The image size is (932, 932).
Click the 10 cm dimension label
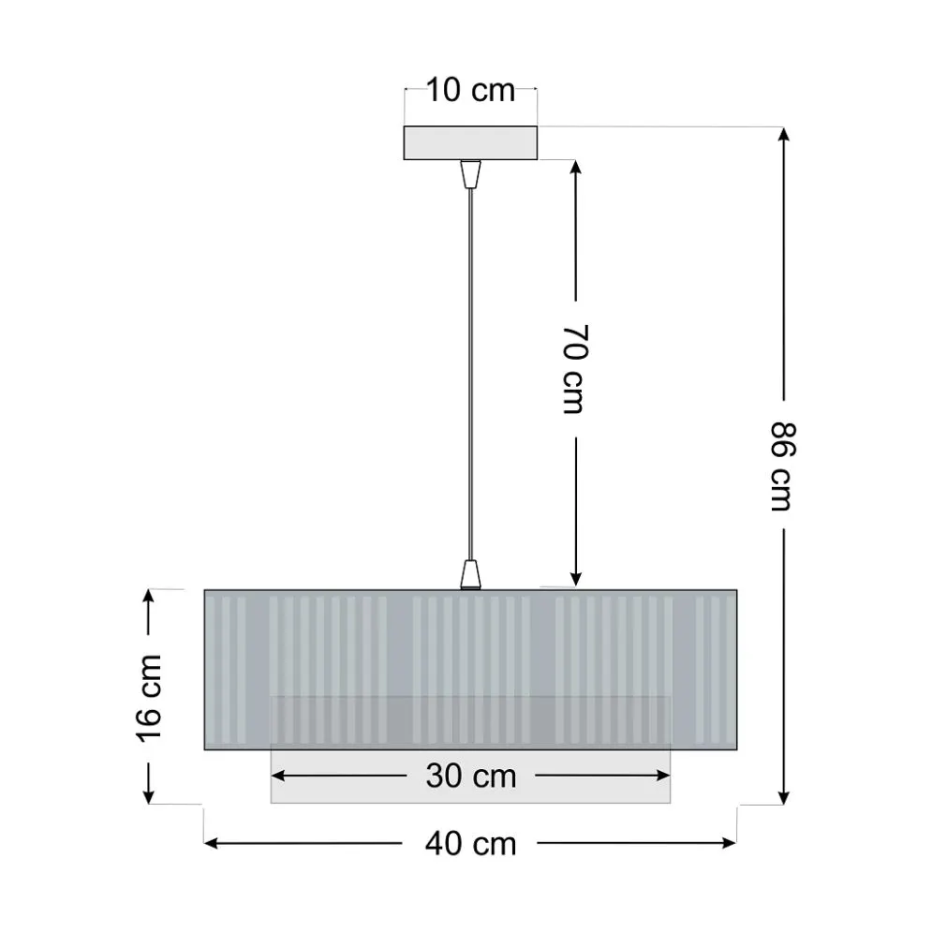470,91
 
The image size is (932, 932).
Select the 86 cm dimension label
782,466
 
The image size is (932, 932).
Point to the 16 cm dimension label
150,696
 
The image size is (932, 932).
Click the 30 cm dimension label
470,776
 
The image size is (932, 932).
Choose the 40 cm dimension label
470,843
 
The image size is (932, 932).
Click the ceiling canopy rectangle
470,142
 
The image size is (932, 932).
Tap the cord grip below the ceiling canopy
470,173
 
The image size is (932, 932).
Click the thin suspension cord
470,375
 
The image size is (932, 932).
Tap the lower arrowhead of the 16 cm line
150,795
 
